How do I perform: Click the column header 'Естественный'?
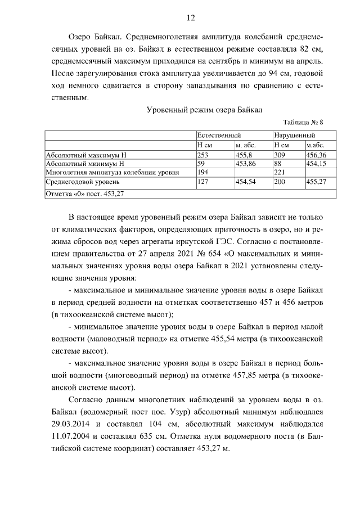click(219, 136)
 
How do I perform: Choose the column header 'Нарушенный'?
click(295, 136)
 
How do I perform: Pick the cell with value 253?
click(203, 154)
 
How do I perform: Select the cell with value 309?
click(280, 154)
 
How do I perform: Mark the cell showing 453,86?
click(246, 163)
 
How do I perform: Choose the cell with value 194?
click(203, 172)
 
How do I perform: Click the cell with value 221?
click(280, 172)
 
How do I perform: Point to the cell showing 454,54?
click(246, 182)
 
